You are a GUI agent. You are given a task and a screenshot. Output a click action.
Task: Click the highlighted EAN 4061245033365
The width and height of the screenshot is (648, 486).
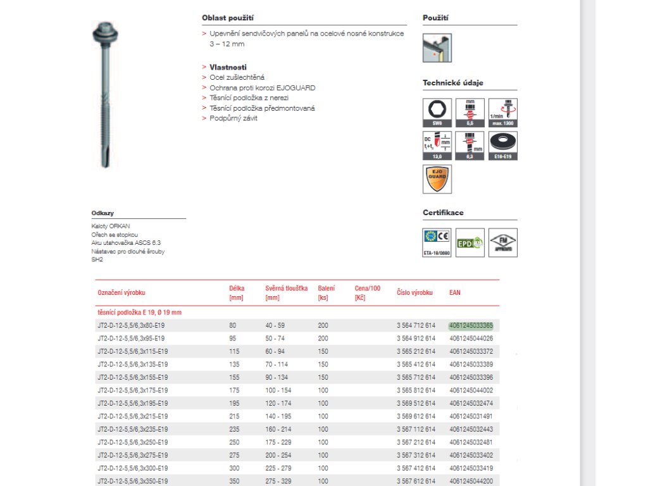coord(471,325)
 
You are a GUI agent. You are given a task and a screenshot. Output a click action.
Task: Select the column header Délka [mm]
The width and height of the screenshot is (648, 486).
coord(236,292)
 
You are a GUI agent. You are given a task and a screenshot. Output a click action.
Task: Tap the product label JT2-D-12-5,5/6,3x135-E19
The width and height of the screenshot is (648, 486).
coord(132,364)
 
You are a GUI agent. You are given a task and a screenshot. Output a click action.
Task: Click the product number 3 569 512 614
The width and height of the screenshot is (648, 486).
coord(416,403)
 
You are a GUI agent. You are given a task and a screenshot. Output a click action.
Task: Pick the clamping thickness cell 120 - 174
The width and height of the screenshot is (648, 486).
coord(278,403)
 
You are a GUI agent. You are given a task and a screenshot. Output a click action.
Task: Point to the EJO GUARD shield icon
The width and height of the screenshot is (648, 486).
coord(437,179)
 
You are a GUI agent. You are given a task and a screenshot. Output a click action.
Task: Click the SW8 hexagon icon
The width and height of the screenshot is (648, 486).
coord(437,112)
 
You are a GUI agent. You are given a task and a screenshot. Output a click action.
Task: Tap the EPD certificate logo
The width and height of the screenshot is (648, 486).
coord(470,242)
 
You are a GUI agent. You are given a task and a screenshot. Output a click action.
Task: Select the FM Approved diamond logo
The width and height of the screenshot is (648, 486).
coord(502,242)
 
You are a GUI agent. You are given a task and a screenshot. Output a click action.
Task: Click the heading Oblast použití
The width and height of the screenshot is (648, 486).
coord(228,18)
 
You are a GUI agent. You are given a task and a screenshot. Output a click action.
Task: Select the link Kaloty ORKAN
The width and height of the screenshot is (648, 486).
coord(111,226)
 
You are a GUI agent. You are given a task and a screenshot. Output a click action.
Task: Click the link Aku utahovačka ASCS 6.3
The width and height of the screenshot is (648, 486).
coord(126,242)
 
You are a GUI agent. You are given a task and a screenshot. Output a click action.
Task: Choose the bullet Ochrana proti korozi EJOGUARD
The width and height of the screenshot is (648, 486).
coord(262,88)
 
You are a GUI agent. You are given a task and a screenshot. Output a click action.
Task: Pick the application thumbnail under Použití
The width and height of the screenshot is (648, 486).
coord(437,47)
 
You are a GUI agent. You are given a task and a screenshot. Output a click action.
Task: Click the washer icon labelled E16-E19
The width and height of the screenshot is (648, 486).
coord(502,145)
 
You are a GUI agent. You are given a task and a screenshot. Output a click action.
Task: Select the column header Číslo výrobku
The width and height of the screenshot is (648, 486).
coord(414,293)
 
